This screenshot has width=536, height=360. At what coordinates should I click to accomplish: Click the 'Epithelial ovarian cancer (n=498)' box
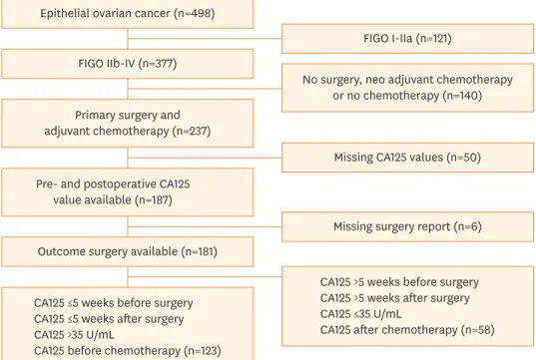click(128, 14)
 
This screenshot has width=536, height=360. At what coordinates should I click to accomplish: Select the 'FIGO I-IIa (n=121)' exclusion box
click(407, 39)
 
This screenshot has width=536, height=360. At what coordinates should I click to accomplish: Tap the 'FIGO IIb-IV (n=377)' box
click(128, 64)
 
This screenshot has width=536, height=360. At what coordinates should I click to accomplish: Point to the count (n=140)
click(462, 96)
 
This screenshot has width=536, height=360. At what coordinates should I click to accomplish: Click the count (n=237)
click(192, 132)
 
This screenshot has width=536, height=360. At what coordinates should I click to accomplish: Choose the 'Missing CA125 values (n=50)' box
click(407, 158)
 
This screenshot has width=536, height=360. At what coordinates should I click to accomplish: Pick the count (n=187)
click(153, 200)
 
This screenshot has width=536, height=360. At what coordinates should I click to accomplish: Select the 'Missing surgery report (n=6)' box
click(407, 226)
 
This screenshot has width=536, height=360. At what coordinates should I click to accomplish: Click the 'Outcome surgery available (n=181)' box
click(128, 251)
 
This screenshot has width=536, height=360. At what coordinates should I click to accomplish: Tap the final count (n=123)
click(203, 351)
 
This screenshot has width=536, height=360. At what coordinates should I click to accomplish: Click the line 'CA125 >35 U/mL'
click(74, 335)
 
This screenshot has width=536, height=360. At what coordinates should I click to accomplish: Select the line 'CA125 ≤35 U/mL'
click(361, 314)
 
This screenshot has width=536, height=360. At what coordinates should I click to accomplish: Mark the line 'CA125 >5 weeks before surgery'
click(399, 282)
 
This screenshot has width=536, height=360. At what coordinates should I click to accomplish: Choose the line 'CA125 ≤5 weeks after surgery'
click(109, 319)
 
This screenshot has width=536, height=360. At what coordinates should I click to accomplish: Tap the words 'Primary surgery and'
click(128, 115)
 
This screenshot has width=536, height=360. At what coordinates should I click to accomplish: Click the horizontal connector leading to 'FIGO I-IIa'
click(205, 39)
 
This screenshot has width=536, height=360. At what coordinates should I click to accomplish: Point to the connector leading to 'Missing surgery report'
click(205, 226)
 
